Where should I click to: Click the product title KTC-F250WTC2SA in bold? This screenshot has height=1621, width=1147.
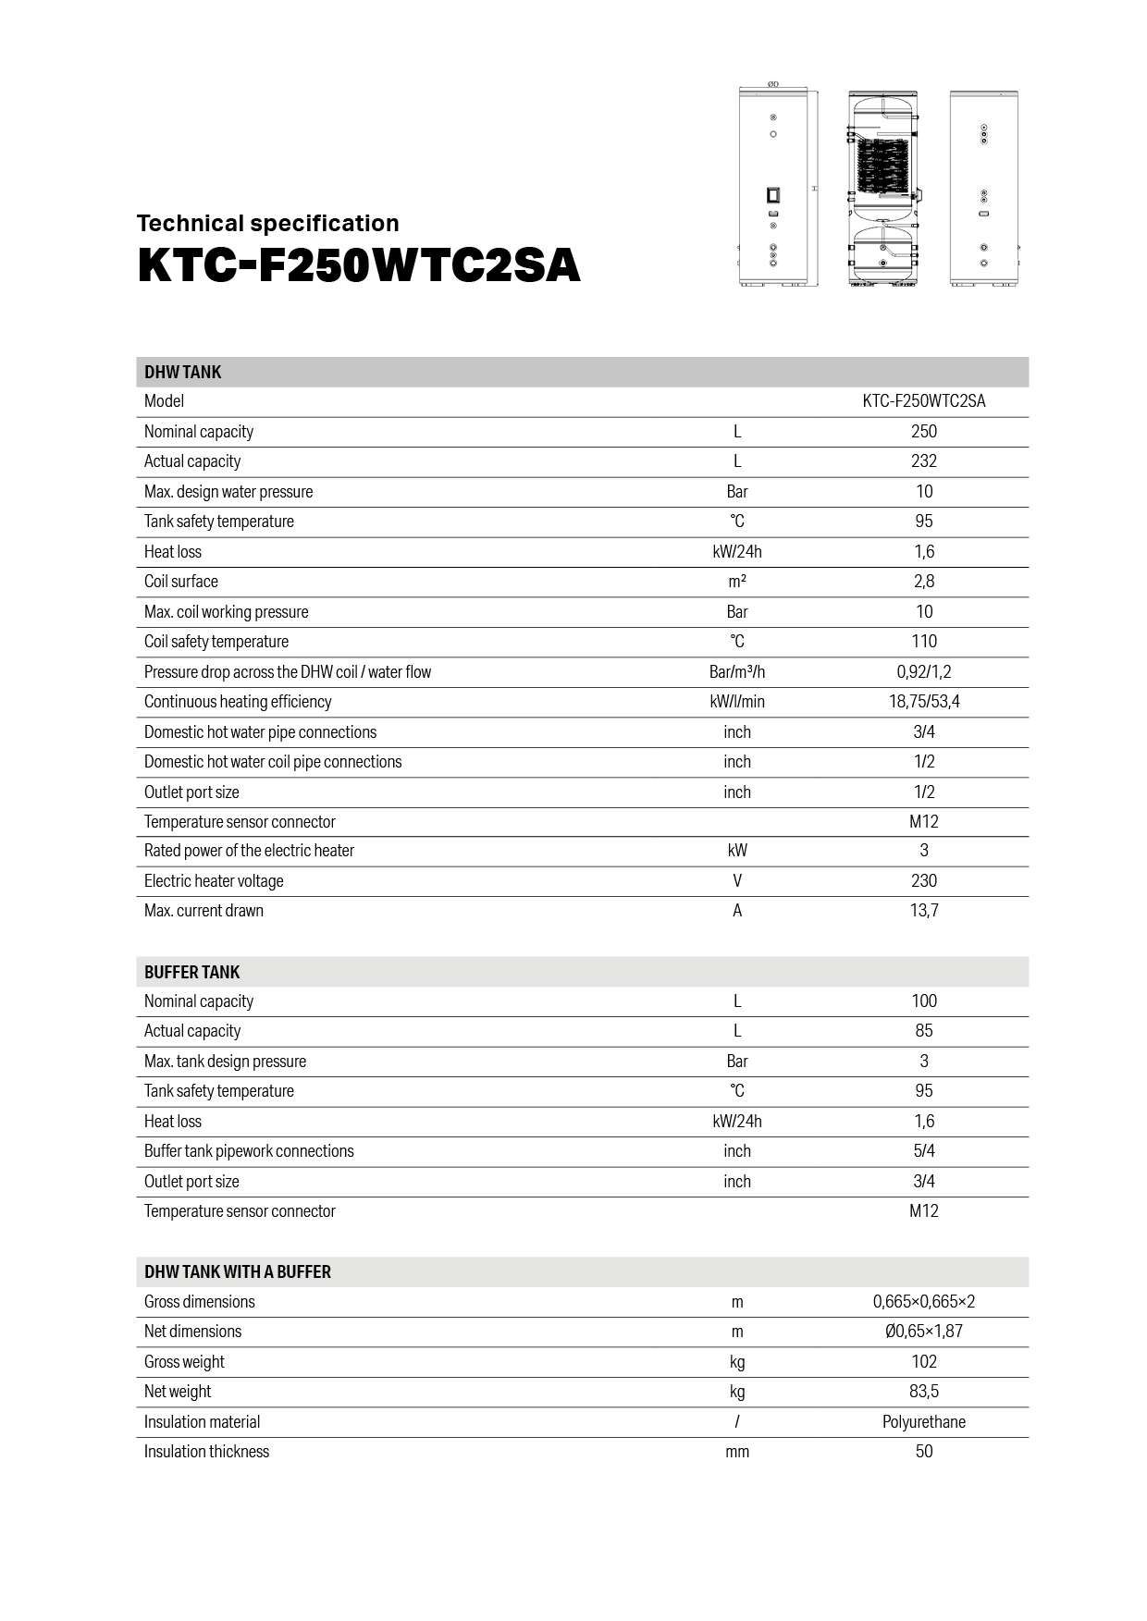pos(359,266)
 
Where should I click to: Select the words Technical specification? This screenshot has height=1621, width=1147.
pos(268,223)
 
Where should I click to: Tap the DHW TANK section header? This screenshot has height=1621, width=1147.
pos(182,372)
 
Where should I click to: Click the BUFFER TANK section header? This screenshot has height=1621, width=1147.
pos(191,972)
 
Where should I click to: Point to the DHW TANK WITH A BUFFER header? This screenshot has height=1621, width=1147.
pos(238,1271)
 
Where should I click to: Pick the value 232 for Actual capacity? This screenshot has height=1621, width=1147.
pos(923,461)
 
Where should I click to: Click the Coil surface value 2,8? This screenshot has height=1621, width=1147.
pos(923,582)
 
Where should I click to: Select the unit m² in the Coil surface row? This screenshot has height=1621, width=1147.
pos(737,582)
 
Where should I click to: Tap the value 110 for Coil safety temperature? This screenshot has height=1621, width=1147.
pos(923,642)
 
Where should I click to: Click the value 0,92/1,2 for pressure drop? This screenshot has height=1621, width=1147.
pos(923,672)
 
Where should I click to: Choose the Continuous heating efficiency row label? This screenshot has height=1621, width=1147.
pos(238,702)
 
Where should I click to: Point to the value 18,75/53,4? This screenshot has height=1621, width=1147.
pos(923,702)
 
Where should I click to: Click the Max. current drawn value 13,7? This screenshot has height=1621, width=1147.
pos(923,911)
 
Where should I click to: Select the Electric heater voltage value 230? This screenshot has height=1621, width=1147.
pos(923,881)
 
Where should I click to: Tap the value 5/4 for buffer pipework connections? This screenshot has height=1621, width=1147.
pos(923,1151)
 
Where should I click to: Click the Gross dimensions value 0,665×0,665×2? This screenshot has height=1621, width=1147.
pos(923,1302)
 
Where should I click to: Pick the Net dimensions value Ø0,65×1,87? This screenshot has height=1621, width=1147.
pos(923,1332)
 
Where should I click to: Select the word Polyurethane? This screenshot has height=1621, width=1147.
pos(923,1422)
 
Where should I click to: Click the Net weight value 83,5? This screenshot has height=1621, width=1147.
pos(923,1392)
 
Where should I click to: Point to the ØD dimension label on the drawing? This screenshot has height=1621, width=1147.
pos(773,84)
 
